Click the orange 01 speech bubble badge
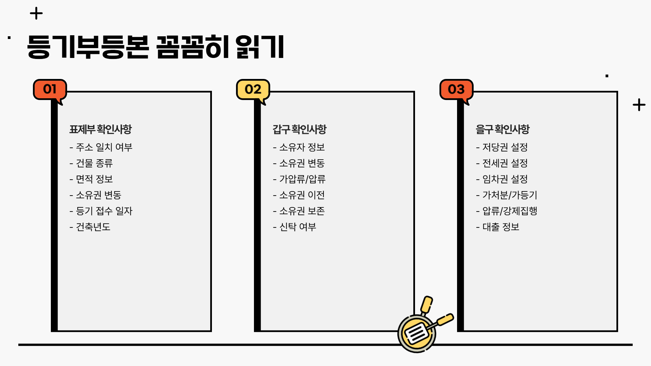(50, 89)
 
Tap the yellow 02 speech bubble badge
(253, 89)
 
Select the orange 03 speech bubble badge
(456, 89)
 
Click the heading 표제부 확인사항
(100, 129)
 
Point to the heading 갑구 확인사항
(299, 129)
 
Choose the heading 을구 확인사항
(502, 129)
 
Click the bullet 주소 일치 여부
(101, 147)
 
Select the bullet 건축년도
(90, 227)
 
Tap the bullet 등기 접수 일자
(101, 211)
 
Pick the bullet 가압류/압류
(299, 179)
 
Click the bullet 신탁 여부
(295, 227)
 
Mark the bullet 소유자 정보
(299, 147)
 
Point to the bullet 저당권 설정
(502, 147)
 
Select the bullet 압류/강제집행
(507, 211)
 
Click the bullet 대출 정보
(498, 227)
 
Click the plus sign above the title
(36, 14)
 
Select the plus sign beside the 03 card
(639, 105)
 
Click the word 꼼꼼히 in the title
(192, 47)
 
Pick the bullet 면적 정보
(91, 179)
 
